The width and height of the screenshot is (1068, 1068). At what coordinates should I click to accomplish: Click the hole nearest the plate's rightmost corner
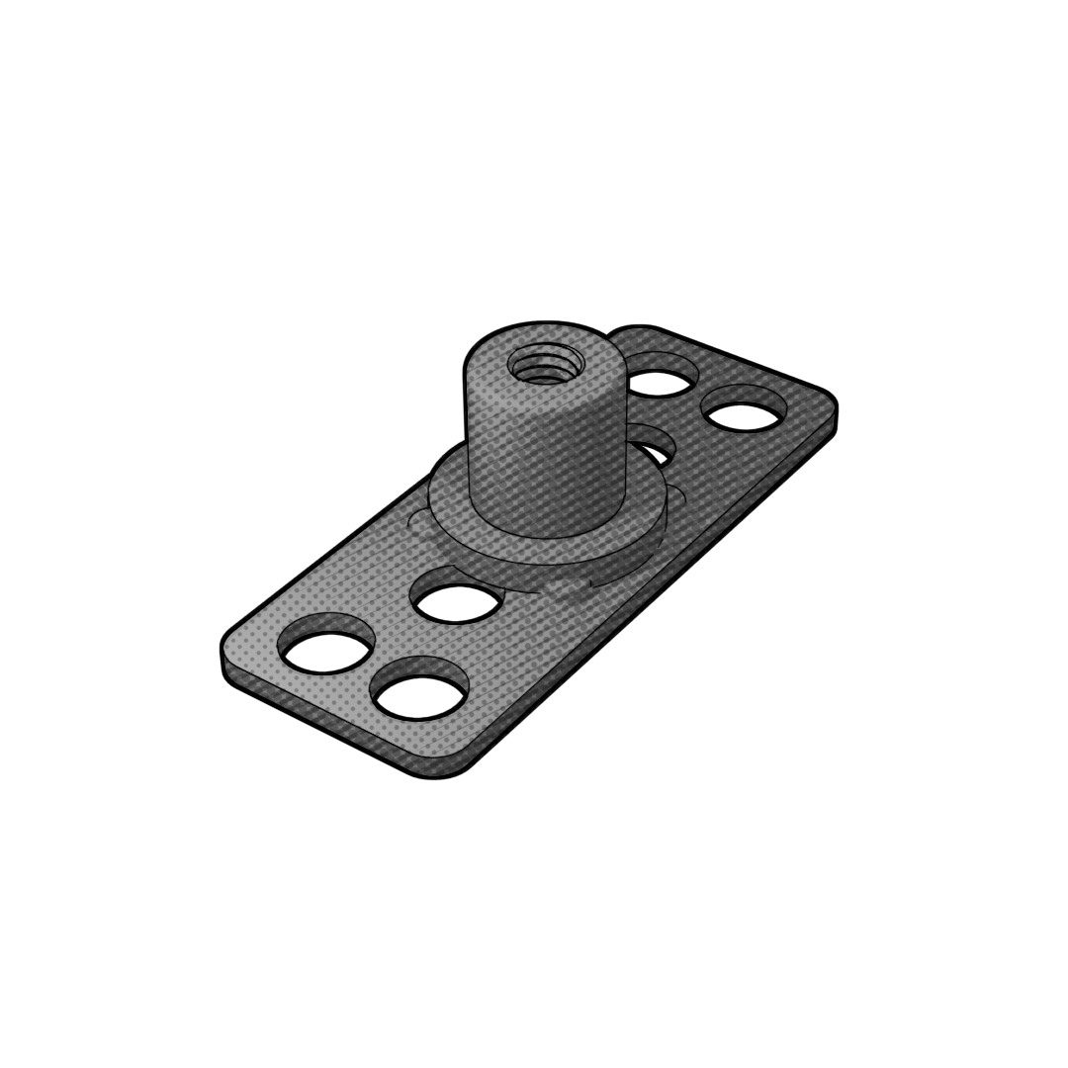click(x=744, y=407)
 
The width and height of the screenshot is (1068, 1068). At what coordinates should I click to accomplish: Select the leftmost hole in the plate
click(x=325, y=645)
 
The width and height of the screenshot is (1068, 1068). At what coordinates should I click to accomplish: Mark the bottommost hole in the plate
click(x=419, y=689)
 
